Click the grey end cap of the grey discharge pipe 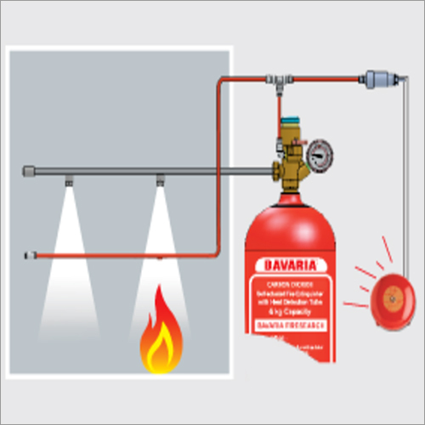(x=27, y=173)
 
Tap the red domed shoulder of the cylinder (x=285, y=217)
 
